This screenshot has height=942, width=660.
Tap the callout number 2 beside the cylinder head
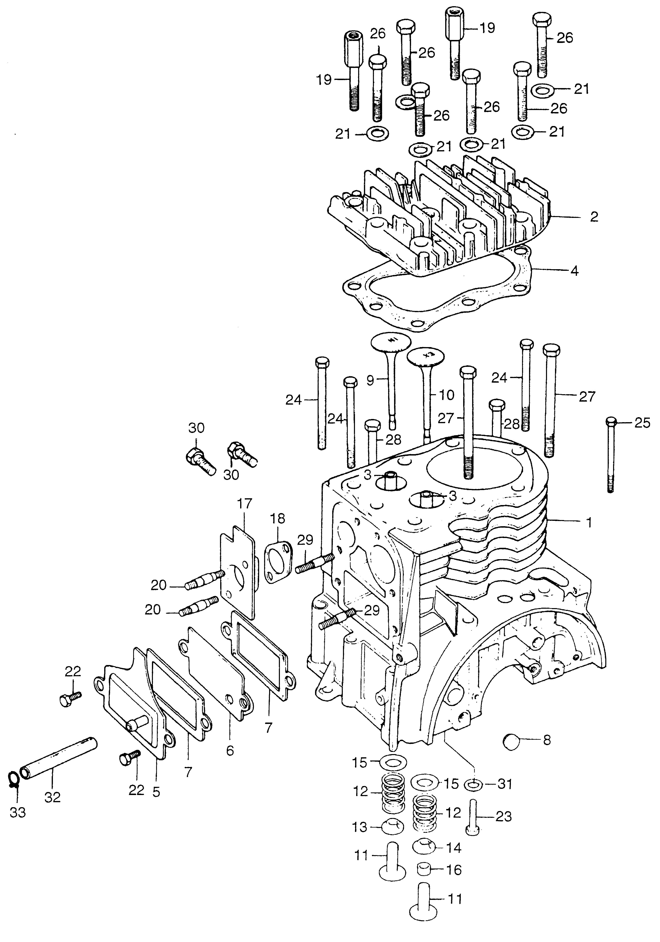(x=594, y=217)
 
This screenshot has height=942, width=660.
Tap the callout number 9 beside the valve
(x=370, y=380)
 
